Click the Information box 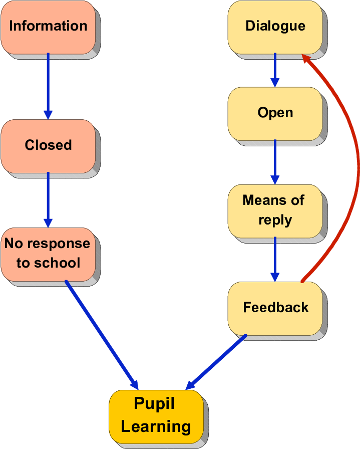coord(48,27)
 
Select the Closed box coord(48,145)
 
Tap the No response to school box coord(48,254)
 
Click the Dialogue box coord(275,27)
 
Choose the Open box coord(275,113)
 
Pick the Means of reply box coord(275,210)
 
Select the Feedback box coord(275,308)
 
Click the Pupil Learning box coord(156,416)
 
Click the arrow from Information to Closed coord(48,85)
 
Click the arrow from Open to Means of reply coord(275,161)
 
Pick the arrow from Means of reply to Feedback coord(275,259)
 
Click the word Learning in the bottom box coord(156,427)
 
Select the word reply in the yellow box coord(275,220)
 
